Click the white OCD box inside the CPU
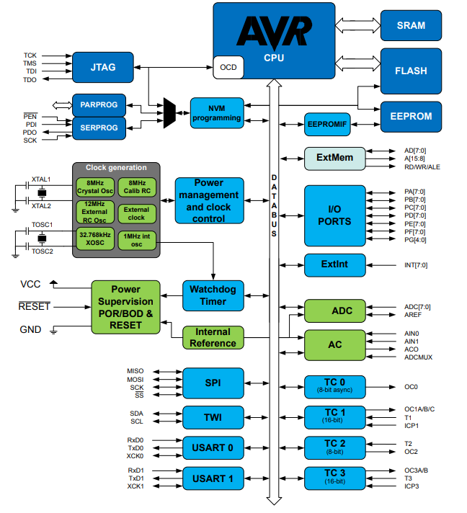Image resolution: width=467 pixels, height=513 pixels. point(228,68)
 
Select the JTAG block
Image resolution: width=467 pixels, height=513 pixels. point(103,68)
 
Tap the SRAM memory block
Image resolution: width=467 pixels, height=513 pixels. point(411,25)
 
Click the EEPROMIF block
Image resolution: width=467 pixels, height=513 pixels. point(327,125)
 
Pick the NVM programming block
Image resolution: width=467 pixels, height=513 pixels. point(217,113)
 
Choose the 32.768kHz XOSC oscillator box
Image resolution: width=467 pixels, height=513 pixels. point(95,238)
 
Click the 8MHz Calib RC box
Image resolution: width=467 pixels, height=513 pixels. point(137,187)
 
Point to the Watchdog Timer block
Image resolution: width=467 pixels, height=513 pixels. point(213,295)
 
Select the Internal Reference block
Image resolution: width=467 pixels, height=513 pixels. point(213,338)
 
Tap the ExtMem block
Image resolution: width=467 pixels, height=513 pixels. point(335,159)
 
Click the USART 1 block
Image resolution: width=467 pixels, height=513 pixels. point(213,478)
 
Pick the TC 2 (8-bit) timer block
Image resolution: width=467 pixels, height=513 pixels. point(335,447)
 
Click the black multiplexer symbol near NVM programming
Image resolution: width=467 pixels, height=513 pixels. point(169,113)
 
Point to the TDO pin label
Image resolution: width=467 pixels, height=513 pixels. point(30,80)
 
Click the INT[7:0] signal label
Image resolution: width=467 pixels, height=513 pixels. point(416,265)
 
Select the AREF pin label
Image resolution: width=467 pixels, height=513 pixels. point(413,315)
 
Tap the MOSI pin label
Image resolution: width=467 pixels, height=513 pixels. point(135,380)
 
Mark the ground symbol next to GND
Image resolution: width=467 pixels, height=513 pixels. point(53,330)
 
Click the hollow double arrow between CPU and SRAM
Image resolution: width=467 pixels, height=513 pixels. point(357,25)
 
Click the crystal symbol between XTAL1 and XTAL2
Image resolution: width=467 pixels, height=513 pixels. point(42,193)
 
